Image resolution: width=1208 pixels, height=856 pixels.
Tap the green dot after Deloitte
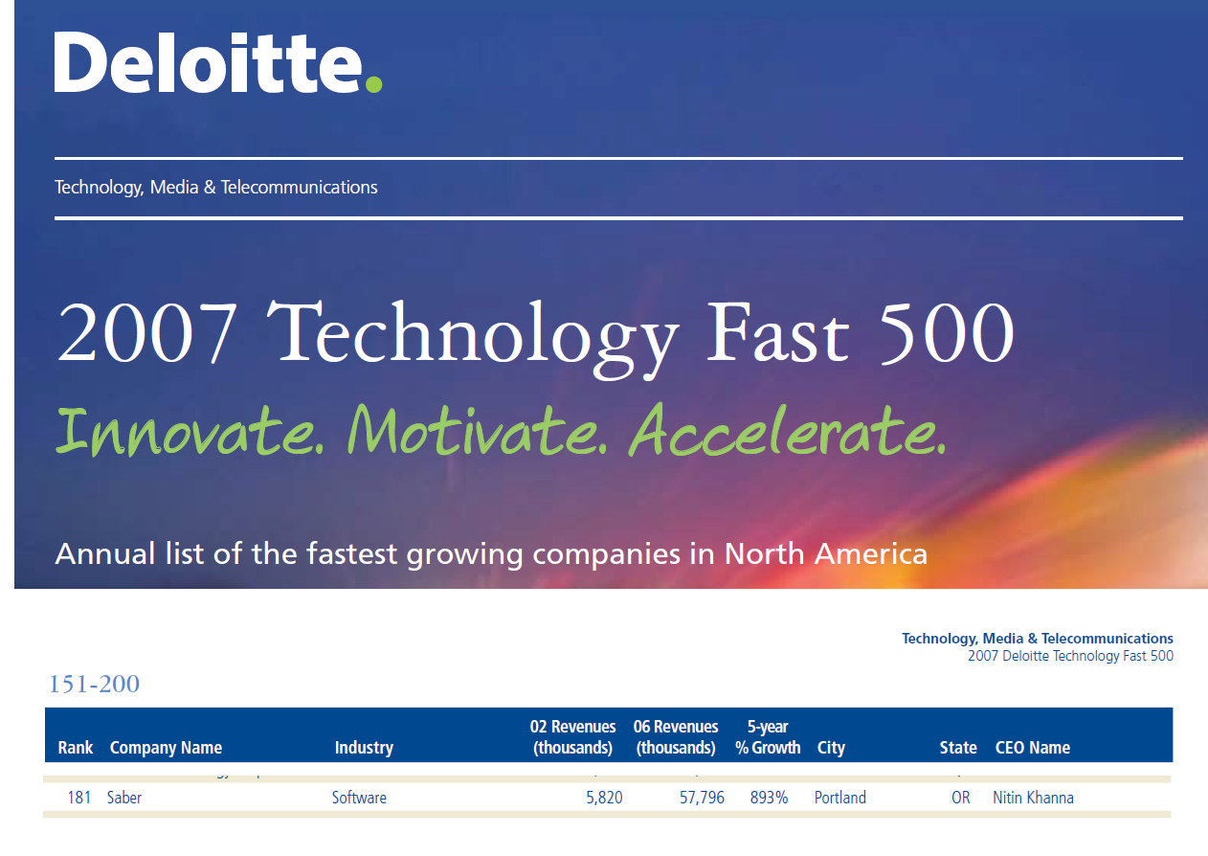[x=373, y=84]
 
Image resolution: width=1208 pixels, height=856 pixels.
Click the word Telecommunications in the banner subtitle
[x=299, y=187]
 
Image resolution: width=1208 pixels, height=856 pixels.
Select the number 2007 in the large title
[x=146, y=333]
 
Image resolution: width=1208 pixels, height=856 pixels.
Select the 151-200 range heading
[x=94, y=684]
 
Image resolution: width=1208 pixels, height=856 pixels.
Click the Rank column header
[x=76, y=748]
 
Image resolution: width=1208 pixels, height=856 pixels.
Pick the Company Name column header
[x=166, y=748]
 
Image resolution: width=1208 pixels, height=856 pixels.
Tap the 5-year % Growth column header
[x=768, y=737]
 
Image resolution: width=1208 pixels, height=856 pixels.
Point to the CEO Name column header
[x=1032, y=748]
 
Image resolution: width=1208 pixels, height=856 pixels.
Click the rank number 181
[x=79, y=798]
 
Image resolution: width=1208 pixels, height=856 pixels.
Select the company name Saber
[x=124, y=798]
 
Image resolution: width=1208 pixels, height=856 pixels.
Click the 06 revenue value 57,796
[x=702, y=798]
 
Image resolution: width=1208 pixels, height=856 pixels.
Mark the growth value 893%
[x=769, y=798]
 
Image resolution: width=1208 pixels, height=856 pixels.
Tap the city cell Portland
[x=839, y=798]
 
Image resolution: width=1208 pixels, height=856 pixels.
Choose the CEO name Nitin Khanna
[x=1033, y=798]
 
